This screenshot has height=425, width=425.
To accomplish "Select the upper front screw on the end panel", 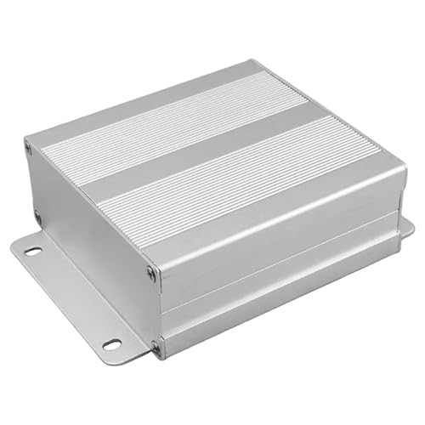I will (x=152, y=272).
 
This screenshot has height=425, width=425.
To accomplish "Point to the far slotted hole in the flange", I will (x=32, y=252).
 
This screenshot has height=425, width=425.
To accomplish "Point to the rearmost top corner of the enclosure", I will (x=253, y=61).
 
